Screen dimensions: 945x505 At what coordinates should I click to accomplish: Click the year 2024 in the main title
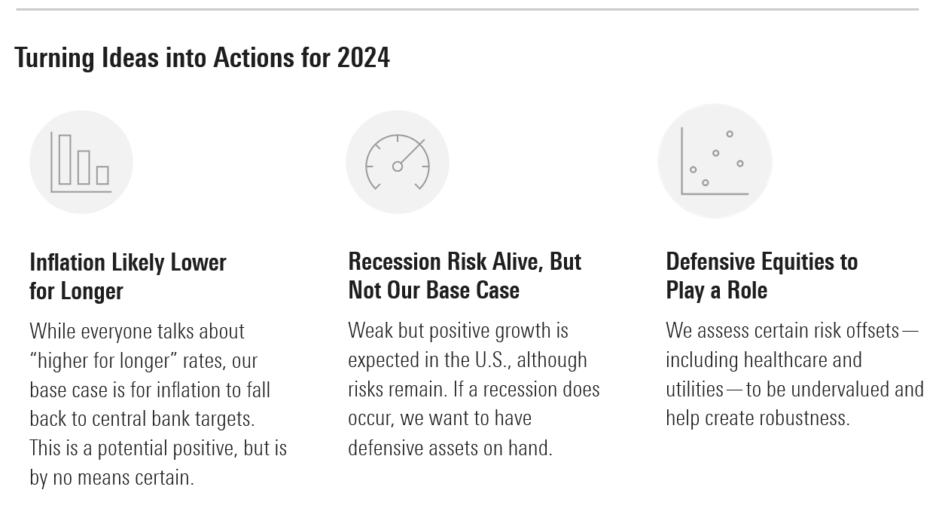pos(363,57)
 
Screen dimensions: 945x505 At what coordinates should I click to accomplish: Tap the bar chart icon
pos(81,162)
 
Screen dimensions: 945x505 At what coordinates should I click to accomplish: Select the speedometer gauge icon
pos(398,162)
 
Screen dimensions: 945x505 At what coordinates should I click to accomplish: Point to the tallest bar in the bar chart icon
pos(65,160)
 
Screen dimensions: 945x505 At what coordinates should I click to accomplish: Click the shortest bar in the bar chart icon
pos(102,175)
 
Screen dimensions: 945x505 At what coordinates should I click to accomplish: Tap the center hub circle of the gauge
pos(398,167)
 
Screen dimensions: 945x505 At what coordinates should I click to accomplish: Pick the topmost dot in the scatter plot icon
pos(730,134)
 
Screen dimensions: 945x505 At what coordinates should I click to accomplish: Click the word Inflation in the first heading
pos(68,262)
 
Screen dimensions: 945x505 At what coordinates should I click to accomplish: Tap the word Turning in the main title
pos(54,58)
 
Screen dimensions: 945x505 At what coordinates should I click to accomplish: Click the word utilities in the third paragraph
pos(695,390)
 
